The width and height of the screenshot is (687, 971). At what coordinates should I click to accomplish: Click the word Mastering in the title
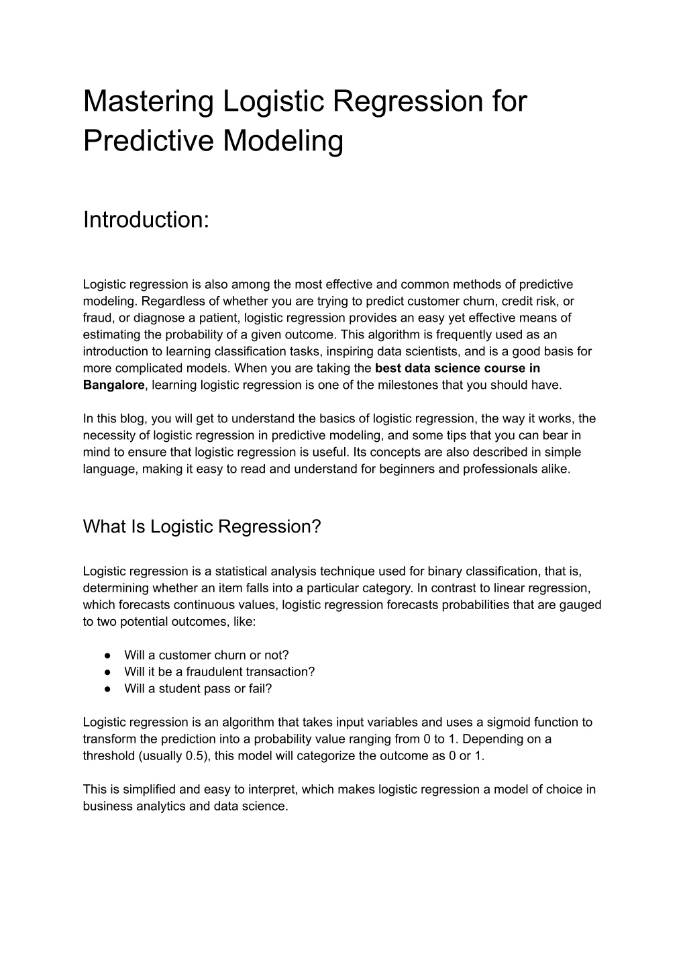pyautogui.click(x=148, y=102)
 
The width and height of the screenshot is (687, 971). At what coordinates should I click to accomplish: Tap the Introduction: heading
pyautogui.click(x=146, y=220)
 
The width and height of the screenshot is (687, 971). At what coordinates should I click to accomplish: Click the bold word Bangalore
pyautogui.click(x=113, y=385)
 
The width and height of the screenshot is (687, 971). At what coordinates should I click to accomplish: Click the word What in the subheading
pyautogui.click(x=103, y=527)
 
